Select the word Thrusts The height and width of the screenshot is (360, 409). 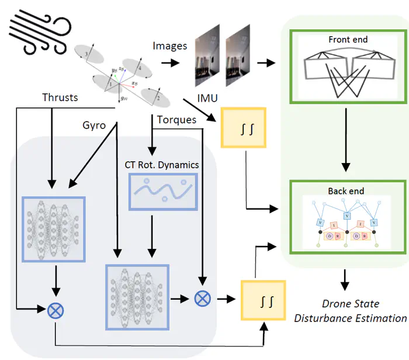(60, 96)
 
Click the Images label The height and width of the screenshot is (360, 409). (170, 45)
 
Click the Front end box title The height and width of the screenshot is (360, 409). (348, 40)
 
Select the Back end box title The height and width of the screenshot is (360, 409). (346, 191)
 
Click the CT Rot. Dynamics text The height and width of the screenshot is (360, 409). (162, 165)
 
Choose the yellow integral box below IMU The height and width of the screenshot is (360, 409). (242, 127)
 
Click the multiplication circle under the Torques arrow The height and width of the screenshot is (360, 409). (202, 299)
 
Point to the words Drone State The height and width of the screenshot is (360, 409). (350, 304)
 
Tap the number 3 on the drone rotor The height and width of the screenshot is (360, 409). (87, 53)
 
